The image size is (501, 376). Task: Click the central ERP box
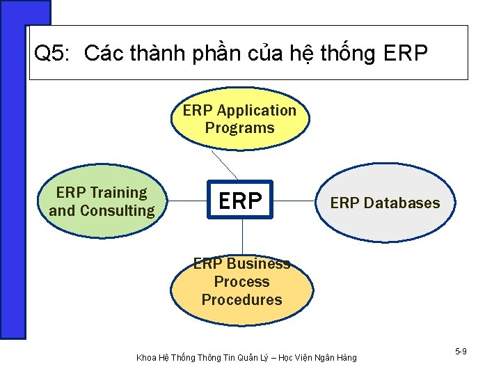(x=240, y=201)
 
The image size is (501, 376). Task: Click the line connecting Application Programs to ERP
(x=225, y=164)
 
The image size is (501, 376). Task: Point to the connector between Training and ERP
(x=189, y=202)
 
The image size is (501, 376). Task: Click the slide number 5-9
(x=461, y=352)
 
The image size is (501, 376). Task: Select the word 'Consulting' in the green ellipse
(x=117, y=210)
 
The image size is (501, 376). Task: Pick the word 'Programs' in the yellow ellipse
(x=240, y=128)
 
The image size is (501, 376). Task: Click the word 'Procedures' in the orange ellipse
(x=241, y=300)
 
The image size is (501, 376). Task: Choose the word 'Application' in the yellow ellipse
(x=256, y=111)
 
